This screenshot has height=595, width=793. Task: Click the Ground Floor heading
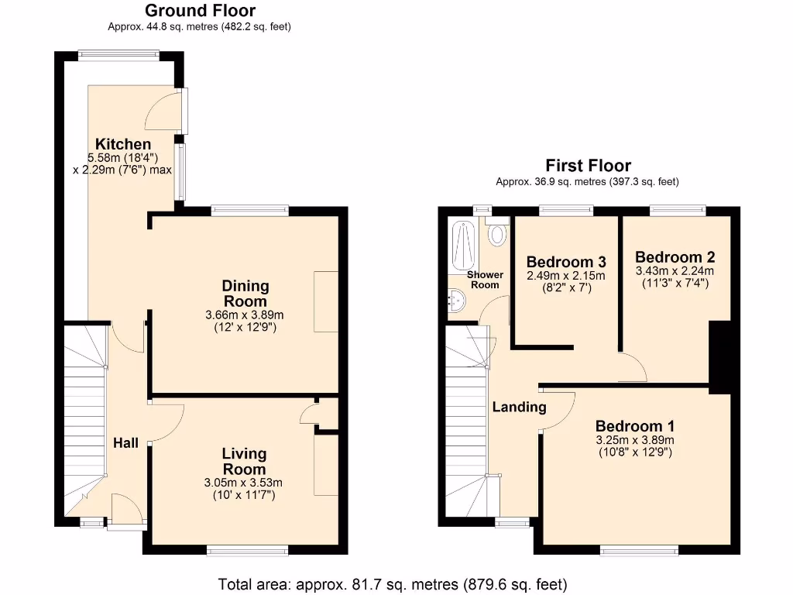(200, 11)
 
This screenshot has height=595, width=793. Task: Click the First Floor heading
(588, 165)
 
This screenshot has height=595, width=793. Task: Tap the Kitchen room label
(122, 144)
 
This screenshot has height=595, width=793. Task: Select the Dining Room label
(245, 294)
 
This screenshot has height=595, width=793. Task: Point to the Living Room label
(244, 461)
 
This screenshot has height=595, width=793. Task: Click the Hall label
(126, 443)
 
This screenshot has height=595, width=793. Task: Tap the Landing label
(519, 407)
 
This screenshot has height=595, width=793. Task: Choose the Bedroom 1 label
(634, 426)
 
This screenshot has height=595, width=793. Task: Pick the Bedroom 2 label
(675, 257)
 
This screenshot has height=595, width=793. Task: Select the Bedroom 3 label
(565, 262)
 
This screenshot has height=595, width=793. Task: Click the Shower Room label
(485, 280)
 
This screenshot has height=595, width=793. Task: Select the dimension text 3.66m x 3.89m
(245, 315)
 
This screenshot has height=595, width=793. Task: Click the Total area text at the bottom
(393, 583)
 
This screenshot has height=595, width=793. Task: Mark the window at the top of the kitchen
(118, 54)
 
